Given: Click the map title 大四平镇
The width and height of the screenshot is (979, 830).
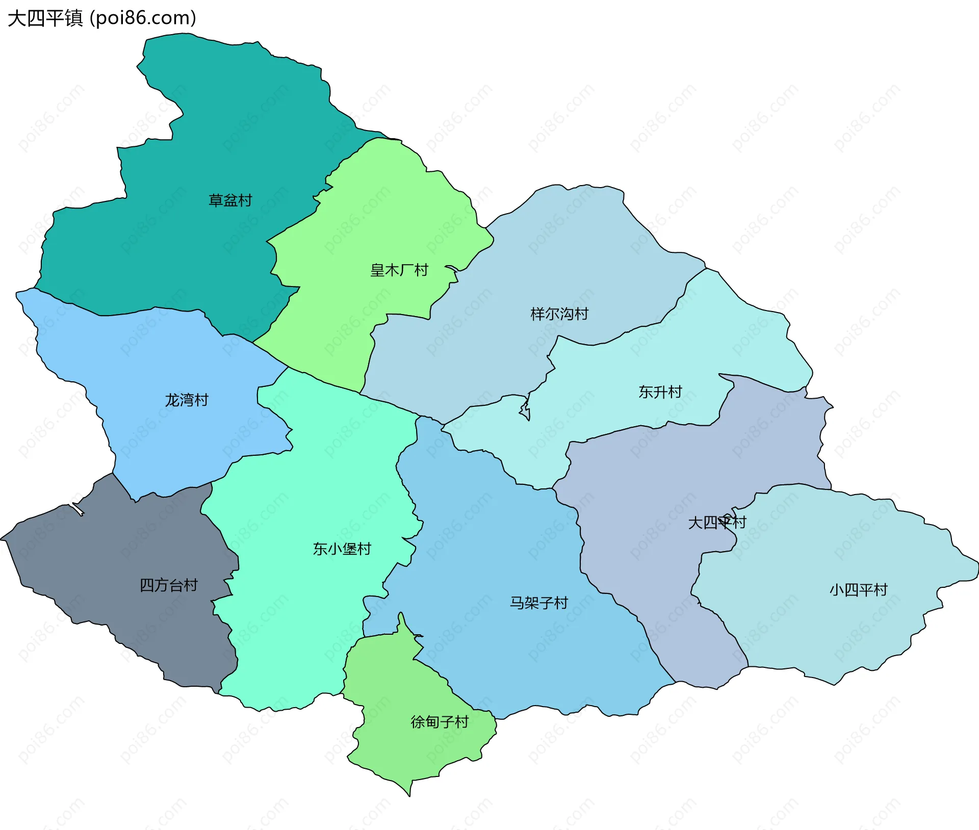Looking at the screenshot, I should coord(45,18).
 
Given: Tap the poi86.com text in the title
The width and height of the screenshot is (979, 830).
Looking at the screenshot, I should coord(143,18).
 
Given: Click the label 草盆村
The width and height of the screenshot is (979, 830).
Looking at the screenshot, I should coord(230,200).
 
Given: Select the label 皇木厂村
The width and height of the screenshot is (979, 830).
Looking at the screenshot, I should coord(399,270).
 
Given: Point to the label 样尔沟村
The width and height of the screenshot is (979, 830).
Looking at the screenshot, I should coord(559,314).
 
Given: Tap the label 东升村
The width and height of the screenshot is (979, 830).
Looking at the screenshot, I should coord(660,392).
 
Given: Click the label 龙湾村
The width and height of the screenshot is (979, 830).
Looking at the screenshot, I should coord(187,400).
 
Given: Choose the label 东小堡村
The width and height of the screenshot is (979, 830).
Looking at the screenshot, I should coord(342,549).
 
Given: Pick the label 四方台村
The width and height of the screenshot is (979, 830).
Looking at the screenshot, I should coord(168,585).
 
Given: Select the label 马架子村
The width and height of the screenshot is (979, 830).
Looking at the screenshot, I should coord(538,603).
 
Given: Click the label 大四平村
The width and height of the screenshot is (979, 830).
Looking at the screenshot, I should coord(717,523).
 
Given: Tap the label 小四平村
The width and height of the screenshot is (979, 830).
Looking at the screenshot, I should coord(858,590).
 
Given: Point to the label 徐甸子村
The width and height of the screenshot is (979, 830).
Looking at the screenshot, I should coord(439,722).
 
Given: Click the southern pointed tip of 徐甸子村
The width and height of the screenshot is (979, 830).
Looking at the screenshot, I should coord(409,794).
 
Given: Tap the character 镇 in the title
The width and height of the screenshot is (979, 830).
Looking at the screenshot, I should coord(73,18).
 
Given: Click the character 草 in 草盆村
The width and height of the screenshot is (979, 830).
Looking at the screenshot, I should coord(216,200).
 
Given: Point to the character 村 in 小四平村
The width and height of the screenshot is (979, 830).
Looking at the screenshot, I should coord(881,590).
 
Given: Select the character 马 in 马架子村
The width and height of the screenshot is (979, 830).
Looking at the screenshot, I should coord(517,603).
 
